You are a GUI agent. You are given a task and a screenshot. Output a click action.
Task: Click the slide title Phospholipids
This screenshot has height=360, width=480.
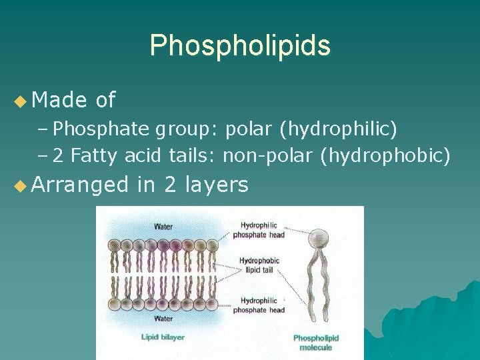tap(240, 45)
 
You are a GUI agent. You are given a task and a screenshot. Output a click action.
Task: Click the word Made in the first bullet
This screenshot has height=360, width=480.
tap(59, 100)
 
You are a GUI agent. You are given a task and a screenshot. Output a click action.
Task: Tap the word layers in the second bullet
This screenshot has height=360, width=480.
tap(217, 184)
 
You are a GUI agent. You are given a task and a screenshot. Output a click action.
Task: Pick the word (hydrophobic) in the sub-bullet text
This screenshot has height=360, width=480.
tap(385, 156)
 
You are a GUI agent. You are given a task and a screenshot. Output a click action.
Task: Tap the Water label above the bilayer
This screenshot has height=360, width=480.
tap(163, 227)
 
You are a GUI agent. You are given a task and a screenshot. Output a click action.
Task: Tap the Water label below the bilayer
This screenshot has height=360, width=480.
tap(163, 319)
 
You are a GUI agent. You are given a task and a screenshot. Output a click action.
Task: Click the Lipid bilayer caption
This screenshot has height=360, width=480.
tap(163, 337)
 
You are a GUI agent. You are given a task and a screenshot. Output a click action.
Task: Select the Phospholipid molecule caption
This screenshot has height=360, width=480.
tap(316, 343)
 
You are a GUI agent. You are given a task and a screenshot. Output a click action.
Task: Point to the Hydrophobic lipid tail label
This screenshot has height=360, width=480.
tap(259, 265)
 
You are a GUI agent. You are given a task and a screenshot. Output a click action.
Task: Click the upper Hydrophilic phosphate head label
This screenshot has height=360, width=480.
tap(259, 230)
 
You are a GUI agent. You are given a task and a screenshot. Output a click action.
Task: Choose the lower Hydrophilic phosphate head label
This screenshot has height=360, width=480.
tap(259, 305)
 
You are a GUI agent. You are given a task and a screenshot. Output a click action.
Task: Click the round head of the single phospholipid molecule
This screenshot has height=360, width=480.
tap(320, 237)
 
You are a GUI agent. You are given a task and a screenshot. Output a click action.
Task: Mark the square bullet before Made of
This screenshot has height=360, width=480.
tap(19, 101)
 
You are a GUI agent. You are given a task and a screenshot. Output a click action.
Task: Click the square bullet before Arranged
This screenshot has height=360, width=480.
tap(19, 185)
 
